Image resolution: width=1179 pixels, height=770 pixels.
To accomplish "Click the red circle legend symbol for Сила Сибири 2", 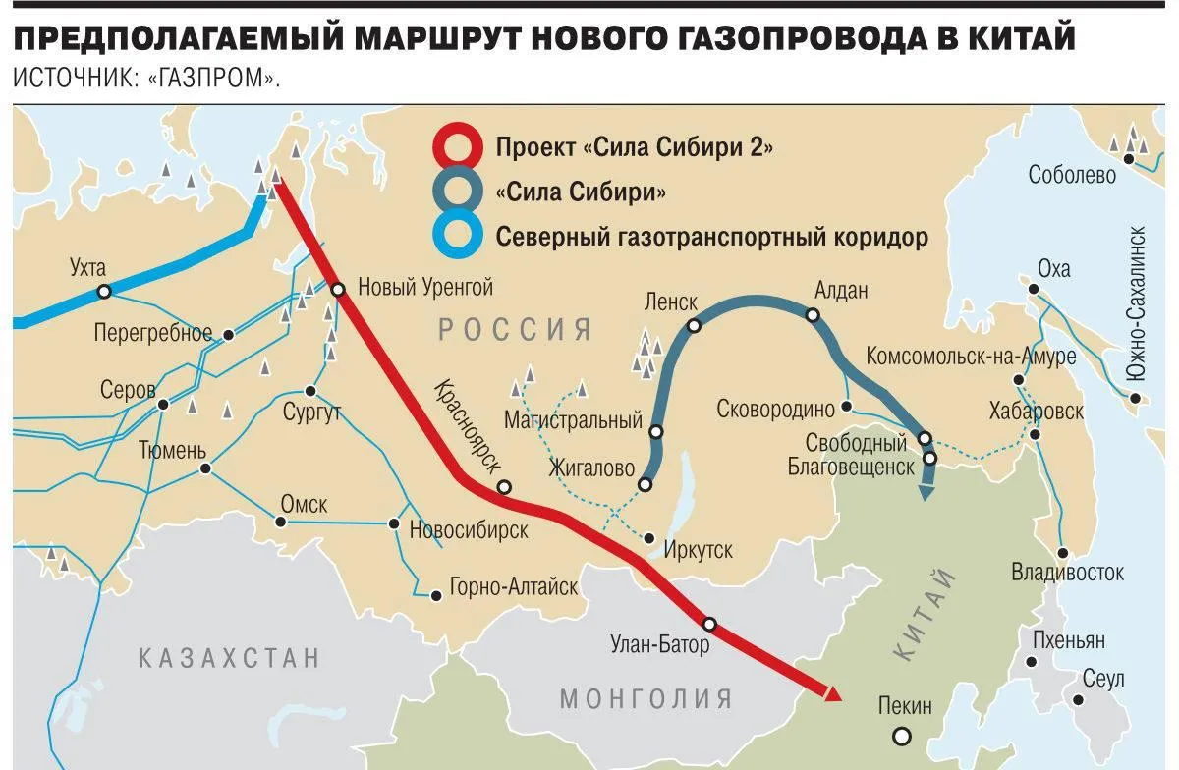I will [x=458, y=148].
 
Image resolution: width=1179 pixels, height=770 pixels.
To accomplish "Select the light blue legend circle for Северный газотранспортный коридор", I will [x=458, y=237].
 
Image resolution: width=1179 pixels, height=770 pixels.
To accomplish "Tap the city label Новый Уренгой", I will [x=424, y=288].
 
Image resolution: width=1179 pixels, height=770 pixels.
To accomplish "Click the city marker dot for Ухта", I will [x=103, y=291].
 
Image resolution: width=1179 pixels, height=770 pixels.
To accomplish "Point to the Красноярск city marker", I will [x=504, y=487].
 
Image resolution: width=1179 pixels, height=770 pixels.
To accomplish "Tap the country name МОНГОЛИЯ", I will [x=646, y=699].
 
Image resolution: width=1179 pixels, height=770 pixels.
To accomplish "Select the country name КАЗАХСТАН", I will [x=230, y=657].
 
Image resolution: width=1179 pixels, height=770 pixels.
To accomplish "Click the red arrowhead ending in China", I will [x=833, y=694].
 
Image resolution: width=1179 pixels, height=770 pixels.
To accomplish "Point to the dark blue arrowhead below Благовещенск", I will [x=926, y=492].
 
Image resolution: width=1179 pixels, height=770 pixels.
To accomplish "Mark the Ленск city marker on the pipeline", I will [x=694, y=326].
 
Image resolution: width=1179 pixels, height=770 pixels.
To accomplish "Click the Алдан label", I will [x=842, y=291].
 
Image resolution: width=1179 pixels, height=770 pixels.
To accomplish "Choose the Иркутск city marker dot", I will [x=649, y=537].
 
